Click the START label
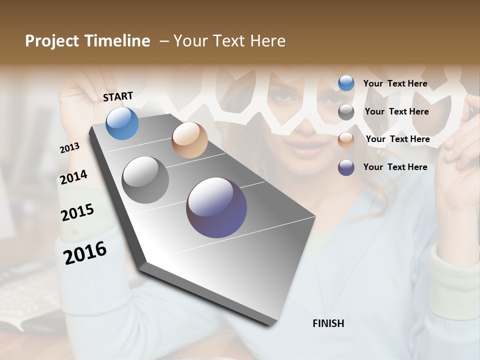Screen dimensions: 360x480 [118, 96]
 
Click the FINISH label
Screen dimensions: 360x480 [328, 323]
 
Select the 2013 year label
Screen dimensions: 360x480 [69, 148]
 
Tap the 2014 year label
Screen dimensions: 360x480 [73, 177]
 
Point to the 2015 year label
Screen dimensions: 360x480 [77, 212]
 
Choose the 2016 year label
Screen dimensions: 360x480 [85, 252]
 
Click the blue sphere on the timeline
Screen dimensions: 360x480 [122, 123]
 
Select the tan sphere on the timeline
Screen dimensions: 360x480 [189, 140]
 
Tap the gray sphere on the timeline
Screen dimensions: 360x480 [145, 180]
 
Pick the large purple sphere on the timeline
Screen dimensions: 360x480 [216, 207]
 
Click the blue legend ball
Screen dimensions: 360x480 [346, 83]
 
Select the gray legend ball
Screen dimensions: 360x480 [346, 112]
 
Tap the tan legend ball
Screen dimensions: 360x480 [346, 139]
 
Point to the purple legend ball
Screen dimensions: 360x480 [346, 167]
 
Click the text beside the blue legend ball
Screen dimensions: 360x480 [395, 83]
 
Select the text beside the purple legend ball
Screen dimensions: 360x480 [395, 167]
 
